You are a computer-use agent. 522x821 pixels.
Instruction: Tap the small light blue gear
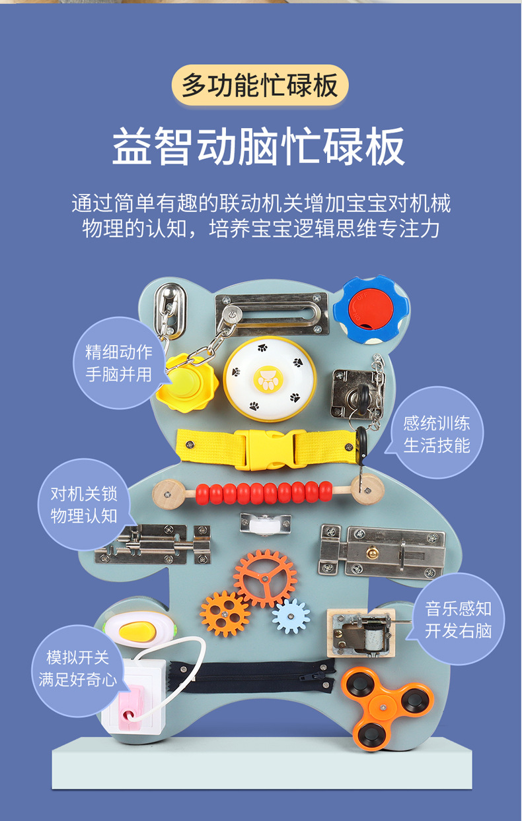[291, 616]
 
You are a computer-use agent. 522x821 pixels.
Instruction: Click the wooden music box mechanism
[361, 632]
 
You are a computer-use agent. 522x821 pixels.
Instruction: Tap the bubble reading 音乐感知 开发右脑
[459, 619]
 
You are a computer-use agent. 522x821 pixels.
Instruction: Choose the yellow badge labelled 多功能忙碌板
[260, 86]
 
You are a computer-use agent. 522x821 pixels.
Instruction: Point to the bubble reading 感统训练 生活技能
[437, 434]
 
